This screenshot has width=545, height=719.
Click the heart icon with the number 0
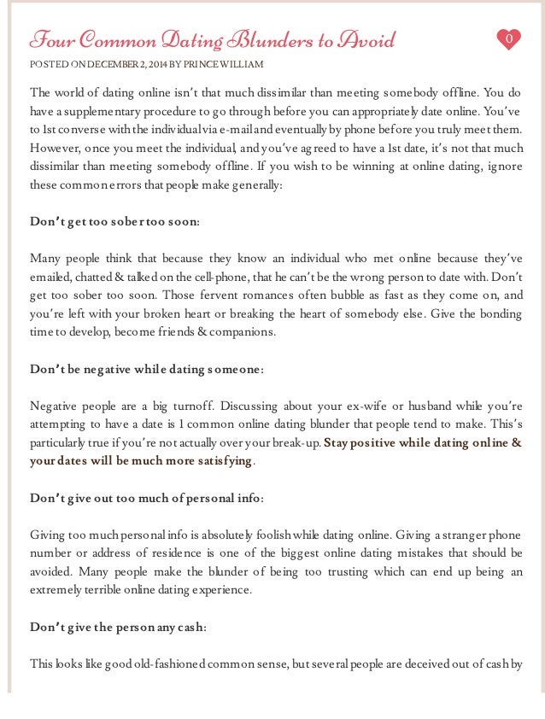tap(508, 39)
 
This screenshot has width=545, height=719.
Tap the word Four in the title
tap(49, 39)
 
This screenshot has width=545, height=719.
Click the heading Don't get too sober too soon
tap(115, 222)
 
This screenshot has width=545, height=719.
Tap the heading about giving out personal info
tap(147, 498)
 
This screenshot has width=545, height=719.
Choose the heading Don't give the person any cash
tap(118, 627)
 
